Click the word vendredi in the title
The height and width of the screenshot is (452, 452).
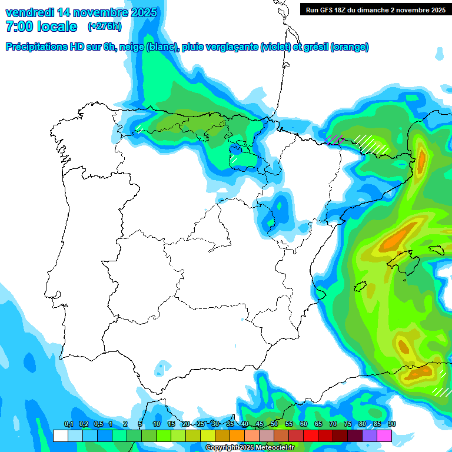coord(29,12)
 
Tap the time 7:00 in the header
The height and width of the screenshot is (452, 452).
coord(18,26)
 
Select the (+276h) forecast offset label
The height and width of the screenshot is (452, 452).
coord(104,26)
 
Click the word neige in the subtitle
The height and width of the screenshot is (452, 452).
coord(132,47)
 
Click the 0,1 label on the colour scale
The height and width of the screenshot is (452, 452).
coord(68,424)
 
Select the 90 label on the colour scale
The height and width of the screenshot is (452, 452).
coord(391,424)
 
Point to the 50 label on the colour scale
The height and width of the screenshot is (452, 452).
coord(274,424)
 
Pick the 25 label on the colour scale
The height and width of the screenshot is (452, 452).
coord(201,424)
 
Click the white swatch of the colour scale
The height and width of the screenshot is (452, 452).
coord(60,436)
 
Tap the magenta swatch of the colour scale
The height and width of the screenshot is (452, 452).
coord(384,436)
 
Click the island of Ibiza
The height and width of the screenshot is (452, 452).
coord(360,287)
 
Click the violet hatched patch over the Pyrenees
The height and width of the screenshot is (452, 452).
coord(335,139)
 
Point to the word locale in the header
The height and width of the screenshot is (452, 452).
coord(57,26)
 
